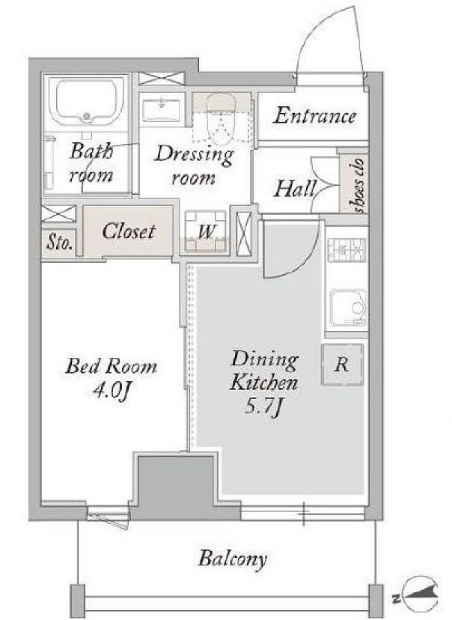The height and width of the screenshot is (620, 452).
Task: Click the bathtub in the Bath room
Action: click(87, 101)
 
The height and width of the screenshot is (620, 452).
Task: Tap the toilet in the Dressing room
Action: click(222, 118)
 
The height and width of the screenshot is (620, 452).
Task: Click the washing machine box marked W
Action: click(206, 231)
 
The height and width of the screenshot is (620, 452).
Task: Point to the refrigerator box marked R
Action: click(342, 364)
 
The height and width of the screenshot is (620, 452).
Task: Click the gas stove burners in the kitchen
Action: click(346, 250)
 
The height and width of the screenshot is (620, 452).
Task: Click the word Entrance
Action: click(314, 116)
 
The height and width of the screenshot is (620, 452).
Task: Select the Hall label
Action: click(296, 189)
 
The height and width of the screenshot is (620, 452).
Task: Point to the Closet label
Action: click(128, 231)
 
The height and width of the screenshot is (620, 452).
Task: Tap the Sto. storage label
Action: click(60, 243)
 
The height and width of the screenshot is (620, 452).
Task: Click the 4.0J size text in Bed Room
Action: click(112, 391)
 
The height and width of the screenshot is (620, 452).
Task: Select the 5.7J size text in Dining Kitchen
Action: click(263, 406)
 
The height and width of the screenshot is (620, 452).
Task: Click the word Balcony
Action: click(233, 559)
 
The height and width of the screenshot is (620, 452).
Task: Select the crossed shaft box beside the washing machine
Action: click(243, 234)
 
